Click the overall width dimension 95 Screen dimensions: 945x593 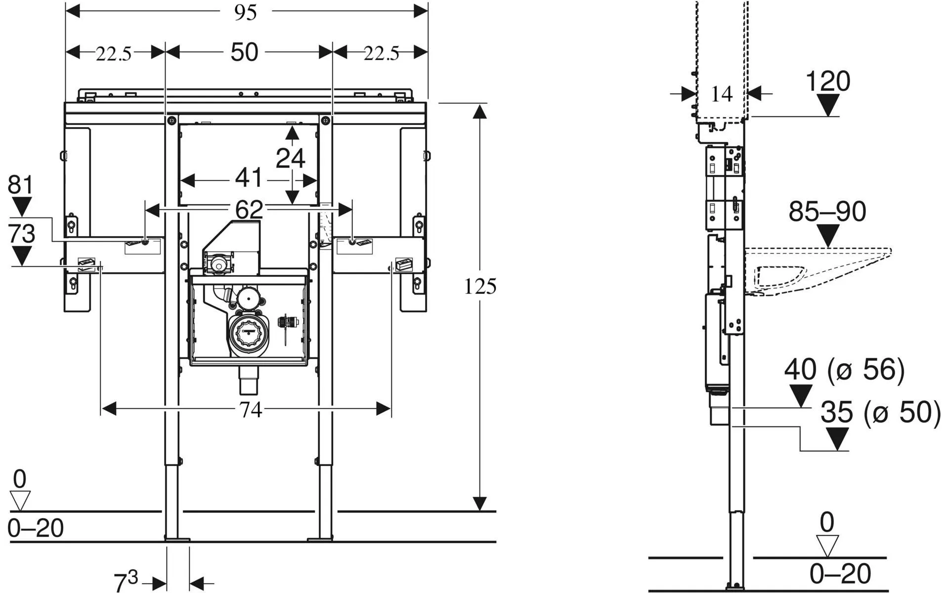[x=245, y=12]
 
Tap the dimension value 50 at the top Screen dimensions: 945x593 [x=244, y=52]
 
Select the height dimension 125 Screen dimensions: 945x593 [x=480, y=286]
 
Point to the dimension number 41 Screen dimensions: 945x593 [x=248, y=178]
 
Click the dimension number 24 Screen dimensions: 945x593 [x=291, y=158]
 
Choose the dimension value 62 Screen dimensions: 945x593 [x=249, y=210]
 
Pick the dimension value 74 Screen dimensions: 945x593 [x=251, y=410]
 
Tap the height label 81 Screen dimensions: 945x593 [x=21, y=185]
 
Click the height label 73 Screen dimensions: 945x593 [x=22, y=234]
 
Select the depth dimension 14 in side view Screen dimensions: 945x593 [x=721, y=94]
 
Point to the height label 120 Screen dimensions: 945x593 [x=828, y=81]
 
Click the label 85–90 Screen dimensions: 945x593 [x=827, y=212]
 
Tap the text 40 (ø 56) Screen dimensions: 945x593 [x=844, y=370]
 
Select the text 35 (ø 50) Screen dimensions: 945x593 [x=881, y=412]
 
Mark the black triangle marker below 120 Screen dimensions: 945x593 [x=828, y=105]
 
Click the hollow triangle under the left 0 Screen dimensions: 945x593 [x=20, y=501]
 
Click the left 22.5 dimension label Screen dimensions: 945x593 [x=114, y=54]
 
